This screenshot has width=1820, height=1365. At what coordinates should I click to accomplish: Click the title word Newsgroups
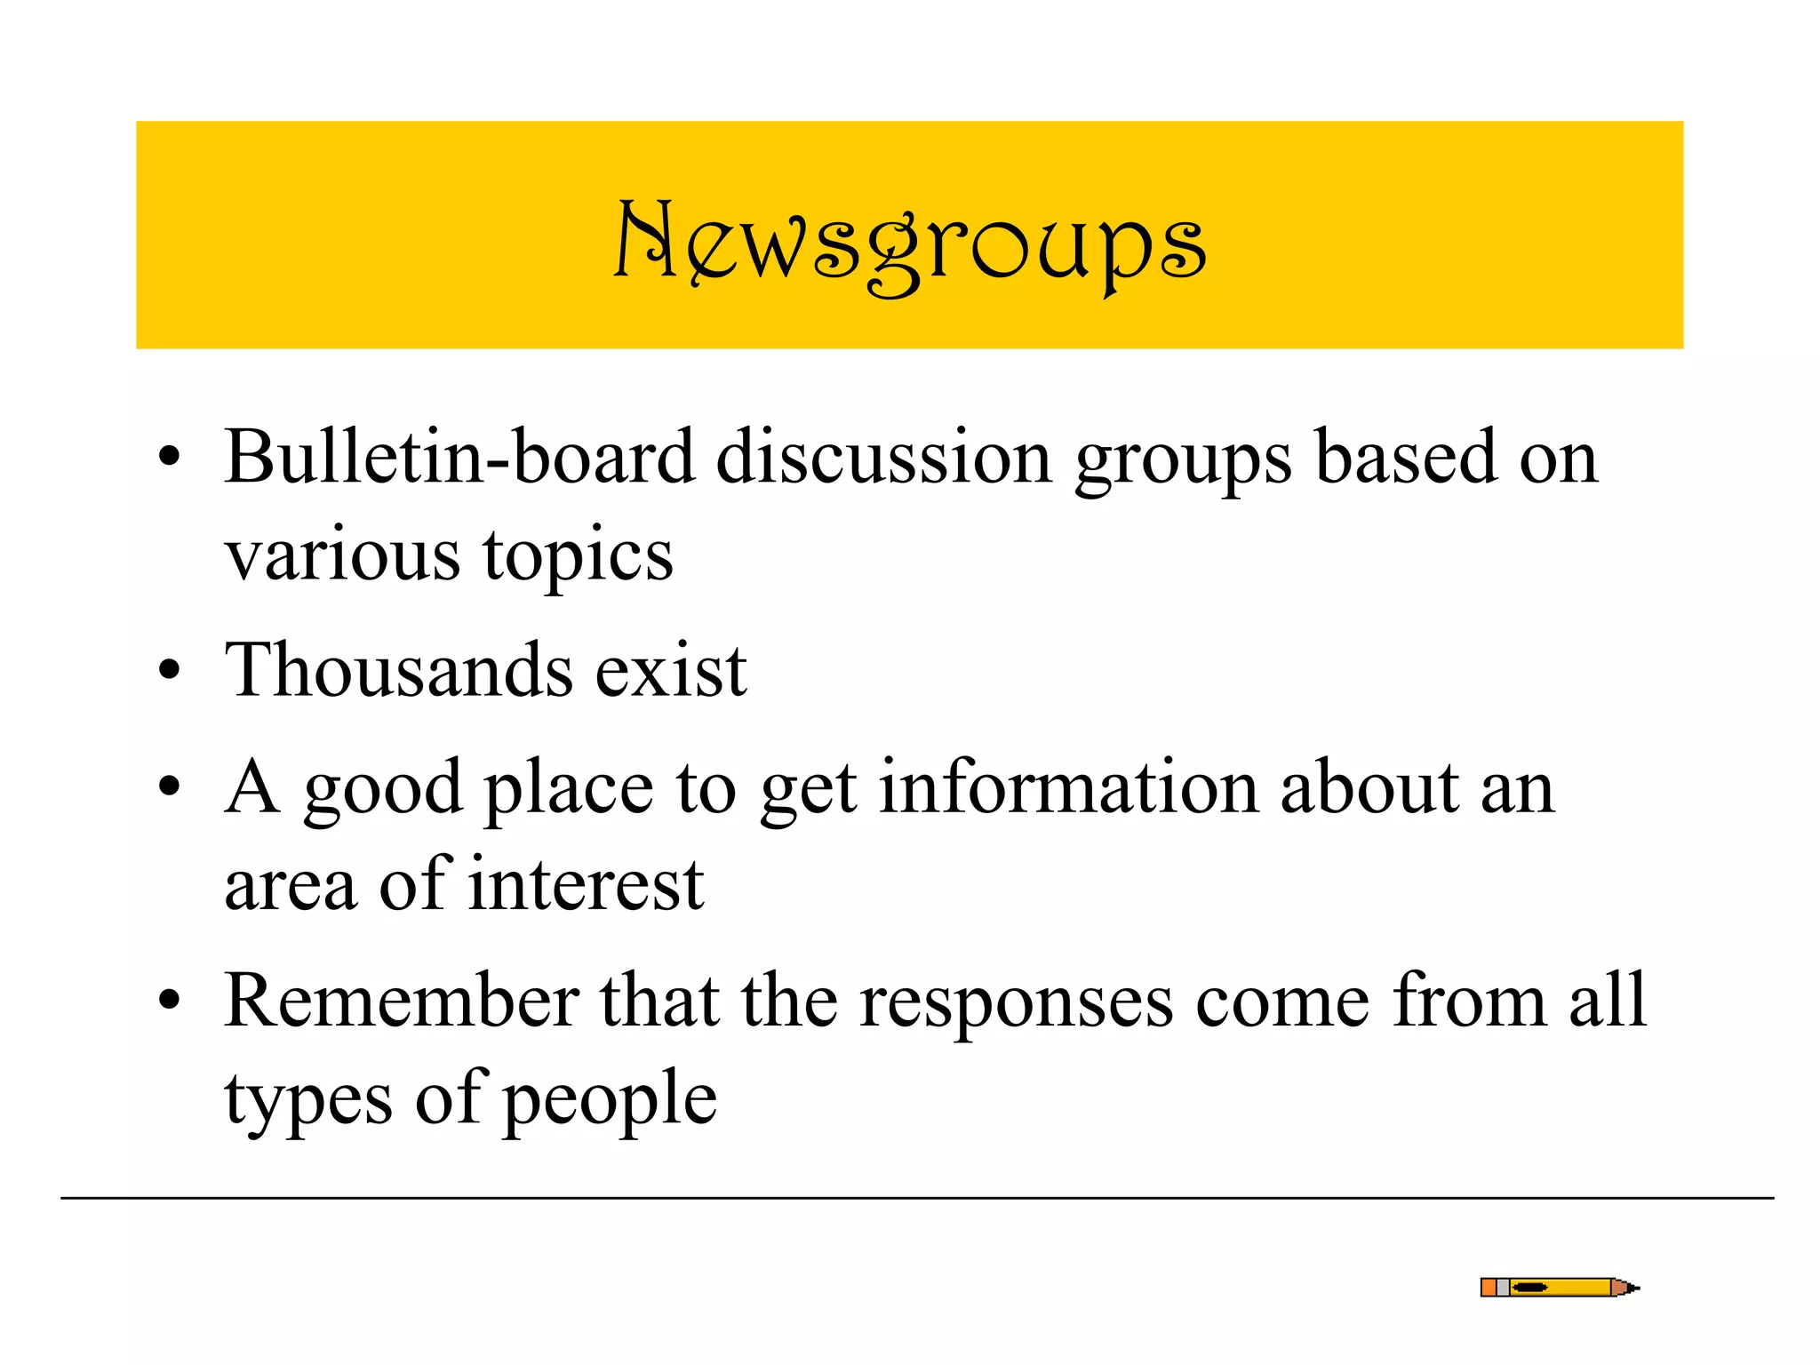tap(910, 244)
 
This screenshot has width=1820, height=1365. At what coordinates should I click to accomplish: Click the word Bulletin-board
tap(459, 458)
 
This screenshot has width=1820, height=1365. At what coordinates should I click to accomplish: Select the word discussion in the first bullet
tap(884, 458)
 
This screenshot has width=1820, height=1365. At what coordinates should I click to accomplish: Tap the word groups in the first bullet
tap(1183, 462)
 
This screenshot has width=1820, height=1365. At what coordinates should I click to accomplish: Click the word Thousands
tap(399, 670)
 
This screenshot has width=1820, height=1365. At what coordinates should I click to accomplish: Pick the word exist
tap(671, 670)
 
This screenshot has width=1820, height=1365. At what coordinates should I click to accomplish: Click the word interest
tap(587, 885)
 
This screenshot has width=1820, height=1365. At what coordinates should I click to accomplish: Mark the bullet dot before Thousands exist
tap(169, 672)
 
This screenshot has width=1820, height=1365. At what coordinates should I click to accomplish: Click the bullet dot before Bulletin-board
tap(169, 459)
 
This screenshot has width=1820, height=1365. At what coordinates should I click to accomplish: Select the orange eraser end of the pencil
tap(1489, 1288)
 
